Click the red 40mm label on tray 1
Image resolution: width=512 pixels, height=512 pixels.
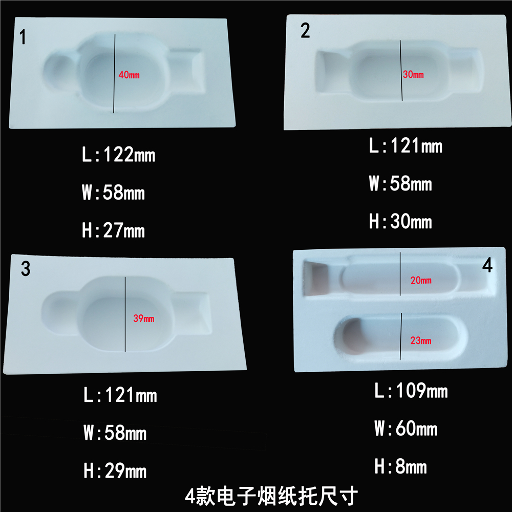tap(129, 75)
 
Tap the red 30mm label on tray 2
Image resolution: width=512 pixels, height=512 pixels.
tap(413, 74)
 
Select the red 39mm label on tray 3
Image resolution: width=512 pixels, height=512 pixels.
tap(144, 318)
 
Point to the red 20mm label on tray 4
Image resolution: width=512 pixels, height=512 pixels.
tap(421, 280)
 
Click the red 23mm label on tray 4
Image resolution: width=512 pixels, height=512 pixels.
tap(421, 340)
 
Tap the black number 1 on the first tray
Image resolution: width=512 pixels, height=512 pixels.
tap(23, 36)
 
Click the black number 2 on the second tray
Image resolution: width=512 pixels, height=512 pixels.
tap(305, 30)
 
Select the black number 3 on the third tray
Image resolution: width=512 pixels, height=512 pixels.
tap(26, 269)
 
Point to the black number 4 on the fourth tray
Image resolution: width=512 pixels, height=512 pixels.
tap(487, 265)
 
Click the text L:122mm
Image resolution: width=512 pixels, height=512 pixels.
tap(119, 155)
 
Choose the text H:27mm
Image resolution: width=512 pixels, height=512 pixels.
tap(113, 230)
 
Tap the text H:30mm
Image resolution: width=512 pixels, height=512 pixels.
tap(400, 221)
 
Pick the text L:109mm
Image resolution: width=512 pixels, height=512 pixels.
tap(411, 390)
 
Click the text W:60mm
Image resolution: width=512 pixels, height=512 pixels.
tap(406, 428)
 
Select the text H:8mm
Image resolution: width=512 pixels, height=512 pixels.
tap(400, 466)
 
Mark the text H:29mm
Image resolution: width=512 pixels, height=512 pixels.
tap(115, 471)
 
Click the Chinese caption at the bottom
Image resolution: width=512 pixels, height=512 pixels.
tap(271, 496)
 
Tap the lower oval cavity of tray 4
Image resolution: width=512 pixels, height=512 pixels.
tap(401, 337)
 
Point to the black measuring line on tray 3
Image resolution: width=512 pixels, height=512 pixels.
tap(125, 314)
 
